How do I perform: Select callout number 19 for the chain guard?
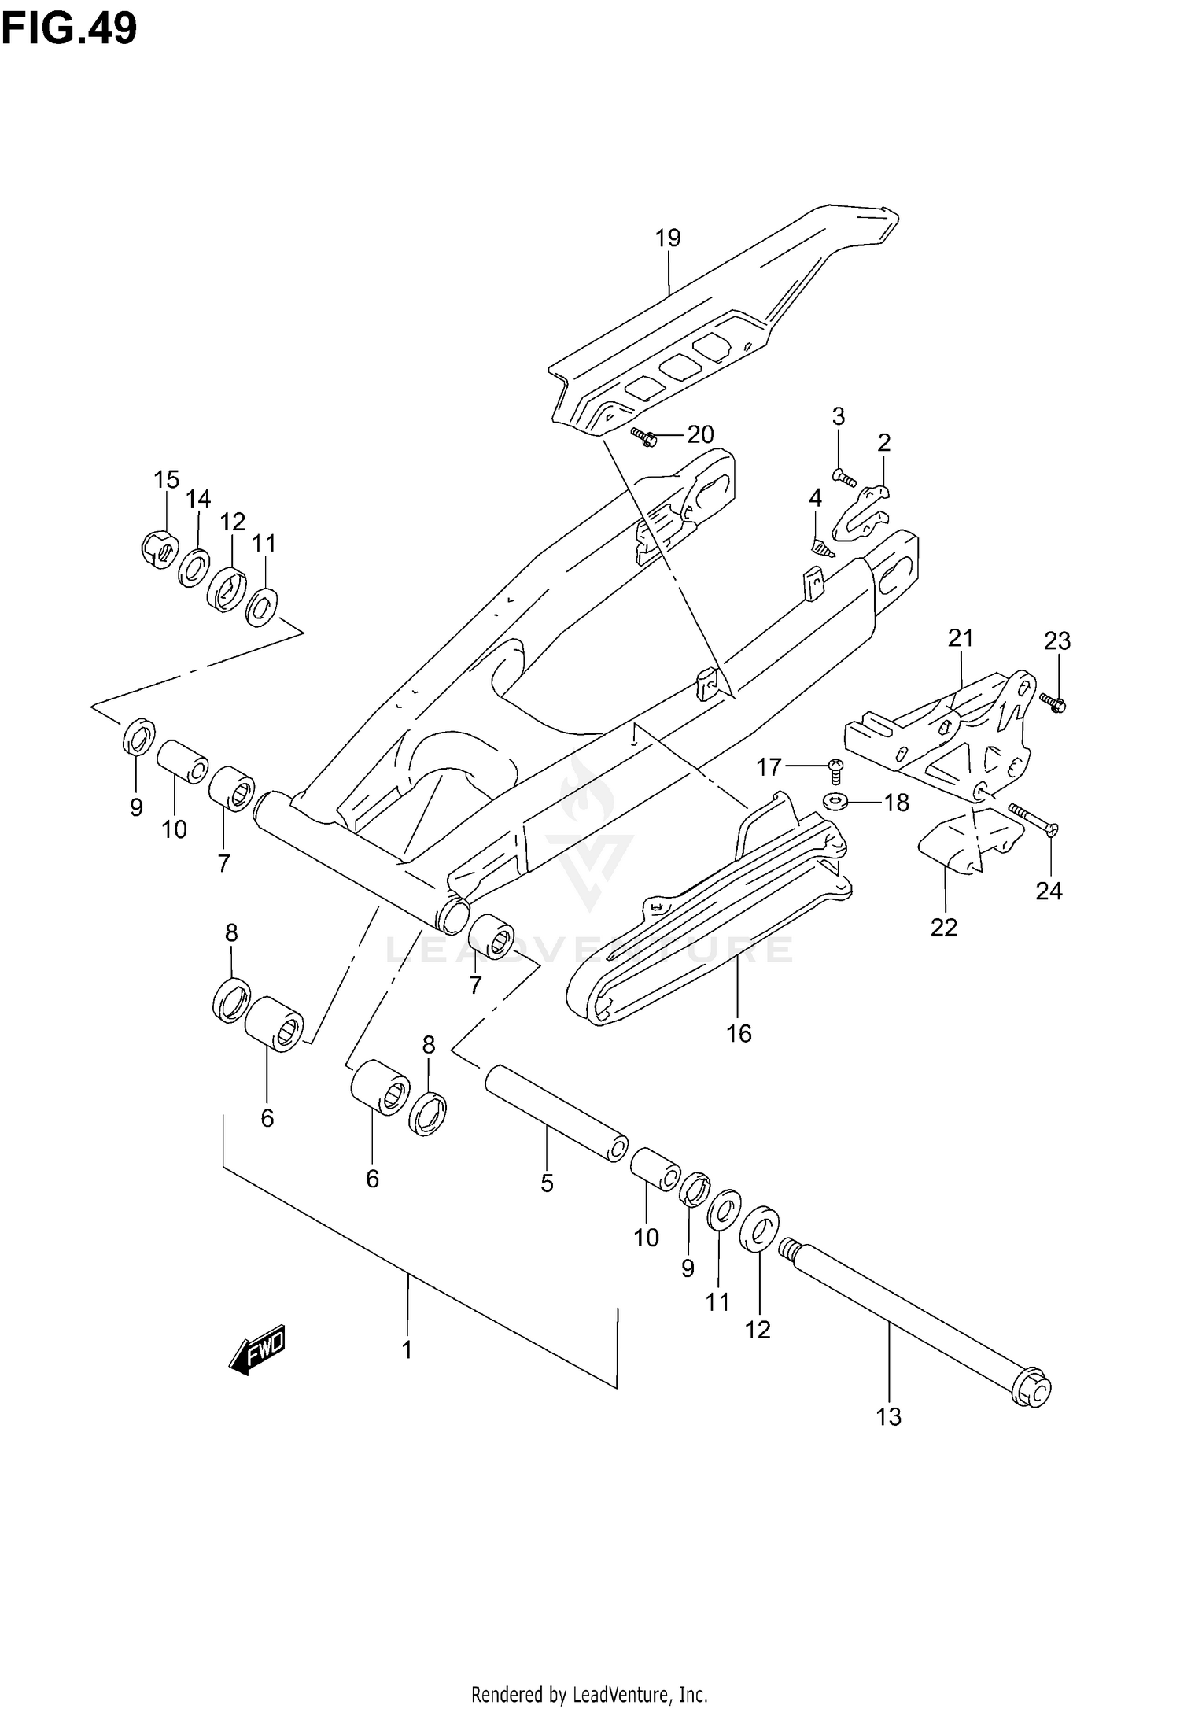pyautogui.click(x=667, y=238)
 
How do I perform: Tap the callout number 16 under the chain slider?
pyautogui.click(x=739, y=1033)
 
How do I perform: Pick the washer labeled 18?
pyautogui.click(x=836, y=802)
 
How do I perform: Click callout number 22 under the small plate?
pyautogui.click(x=944, y=928)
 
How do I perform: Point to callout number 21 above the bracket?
pyautogui.click(x=960, y=638)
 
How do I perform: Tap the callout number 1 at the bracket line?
pyautogui.click(x=407, y=1351)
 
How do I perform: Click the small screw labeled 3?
pyautogui.click(x=844, y=477)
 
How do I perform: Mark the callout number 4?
pyautogui.click(x=815, y=498)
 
